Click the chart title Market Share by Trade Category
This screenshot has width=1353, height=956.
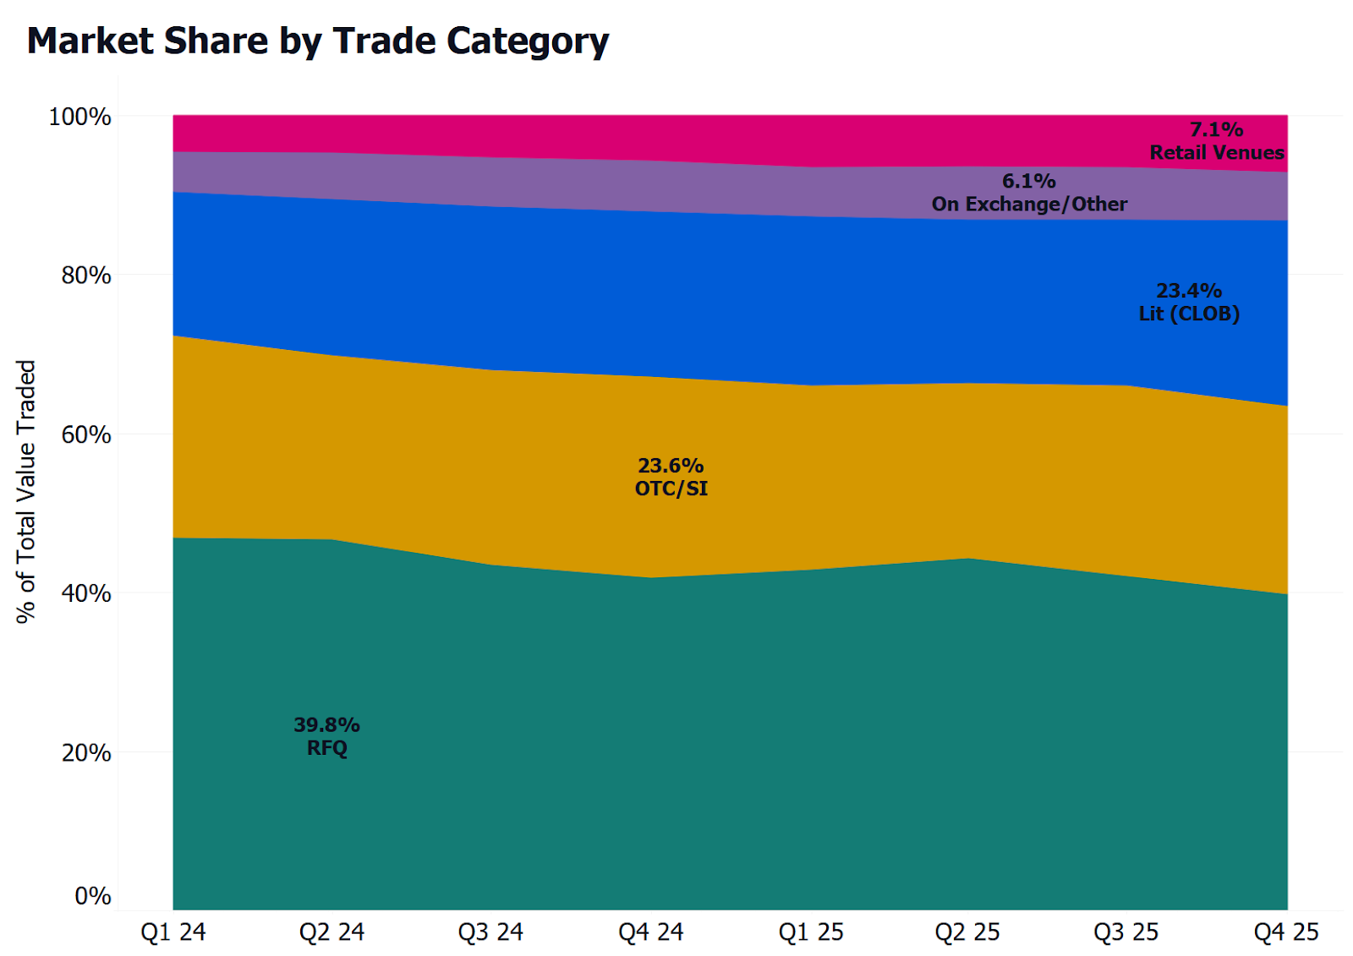pyautogui.click(x=318, y=41)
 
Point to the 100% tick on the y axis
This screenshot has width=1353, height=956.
pyautogui.click(x=80, y=117)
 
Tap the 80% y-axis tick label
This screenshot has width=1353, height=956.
pyautogui.click(x=85, y=276)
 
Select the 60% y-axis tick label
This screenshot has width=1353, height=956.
pyautogui.click(x=85, y=434)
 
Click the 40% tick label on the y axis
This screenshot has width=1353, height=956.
pyautogui.click(x=85, y=593)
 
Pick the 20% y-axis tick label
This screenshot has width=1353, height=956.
pyautogui.click(x=85, y=752)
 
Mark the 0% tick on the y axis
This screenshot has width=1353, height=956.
pyautogui.click(x=92, y=896)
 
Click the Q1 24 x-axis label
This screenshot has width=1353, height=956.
pyautogui.click(x=173, y=932)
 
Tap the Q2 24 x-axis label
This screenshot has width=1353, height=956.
pyautogui.click(x=331, y=932)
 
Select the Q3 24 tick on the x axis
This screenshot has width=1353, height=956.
pyautogui.click(x=490, y=932)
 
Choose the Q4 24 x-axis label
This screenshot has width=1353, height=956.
pyautogui.click(x=650, y=932)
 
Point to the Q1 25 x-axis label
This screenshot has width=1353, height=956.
pyautogui.click(x=811, y=932)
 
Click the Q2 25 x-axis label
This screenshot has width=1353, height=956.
pyautogui.click(x=967, y=932)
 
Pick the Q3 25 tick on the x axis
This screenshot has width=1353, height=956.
pyautogui.click(x=1126, y=932)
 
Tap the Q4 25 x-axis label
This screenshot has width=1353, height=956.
pyautogui.click(x=1286, y=932)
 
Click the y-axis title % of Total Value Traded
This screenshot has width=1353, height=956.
pyautogui.click(x=26, y=492)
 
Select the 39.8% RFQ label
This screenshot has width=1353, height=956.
pyautogui.click(x=327, y=736)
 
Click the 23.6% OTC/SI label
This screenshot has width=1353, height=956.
pyautogui.click(x=671, y=477)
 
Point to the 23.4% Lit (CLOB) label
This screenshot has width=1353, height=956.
pyautogui.click(x=1189, y=302)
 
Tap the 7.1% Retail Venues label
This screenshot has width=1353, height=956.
pyautogui.click(x=1217, y=141)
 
